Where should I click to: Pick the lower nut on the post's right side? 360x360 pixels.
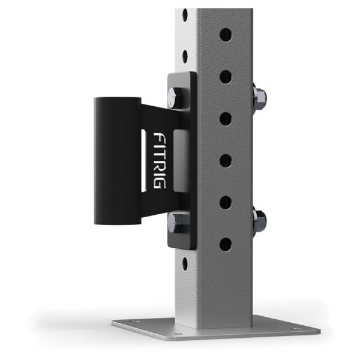260,220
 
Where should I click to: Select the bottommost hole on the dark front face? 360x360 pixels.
225,244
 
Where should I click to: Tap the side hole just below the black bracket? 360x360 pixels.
186,263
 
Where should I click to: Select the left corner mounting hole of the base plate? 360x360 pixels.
133,323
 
